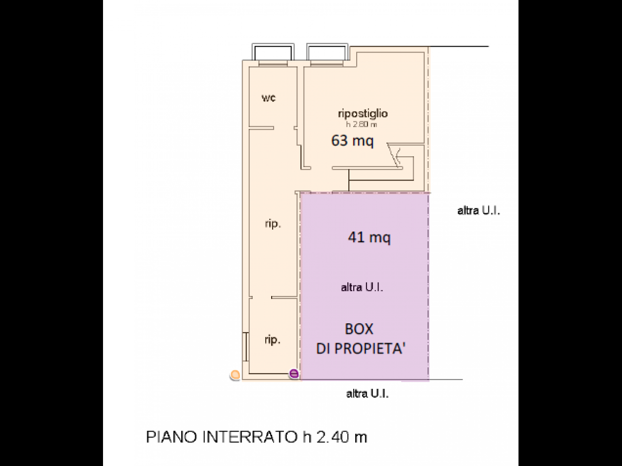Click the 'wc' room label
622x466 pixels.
[x=269, y=98]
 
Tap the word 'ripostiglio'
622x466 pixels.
[x=363, y=114]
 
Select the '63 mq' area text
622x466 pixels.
[x=352, y=141]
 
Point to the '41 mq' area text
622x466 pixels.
[x=369, y=237]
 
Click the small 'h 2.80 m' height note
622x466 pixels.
[x=362, y=124]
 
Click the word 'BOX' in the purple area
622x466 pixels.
[x=359, y=329]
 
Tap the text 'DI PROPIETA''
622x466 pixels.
[x=361, y=349]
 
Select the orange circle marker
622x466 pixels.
[x=235, y=375]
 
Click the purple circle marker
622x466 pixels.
[x=294, y=374]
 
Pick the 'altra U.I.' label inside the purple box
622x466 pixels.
[x=362, y=287]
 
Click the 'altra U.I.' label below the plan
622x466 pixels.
[x=367, y=394]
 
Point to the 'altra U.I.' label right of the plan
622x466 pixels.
[x=479, y=211]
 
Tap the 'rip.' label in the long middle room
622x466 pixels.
[x=273, y=224]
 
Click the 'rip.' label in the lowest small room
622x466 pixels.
[x=272, y=340]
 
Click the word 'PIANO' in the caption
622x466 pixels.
[x=172, y=437]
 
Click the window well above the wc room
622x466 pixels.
[x=273, y=52]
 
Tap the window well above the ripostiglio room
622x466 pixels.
[x=328, y=52]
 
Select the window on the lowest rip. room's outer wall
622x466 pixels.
[x=245, y=347]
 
